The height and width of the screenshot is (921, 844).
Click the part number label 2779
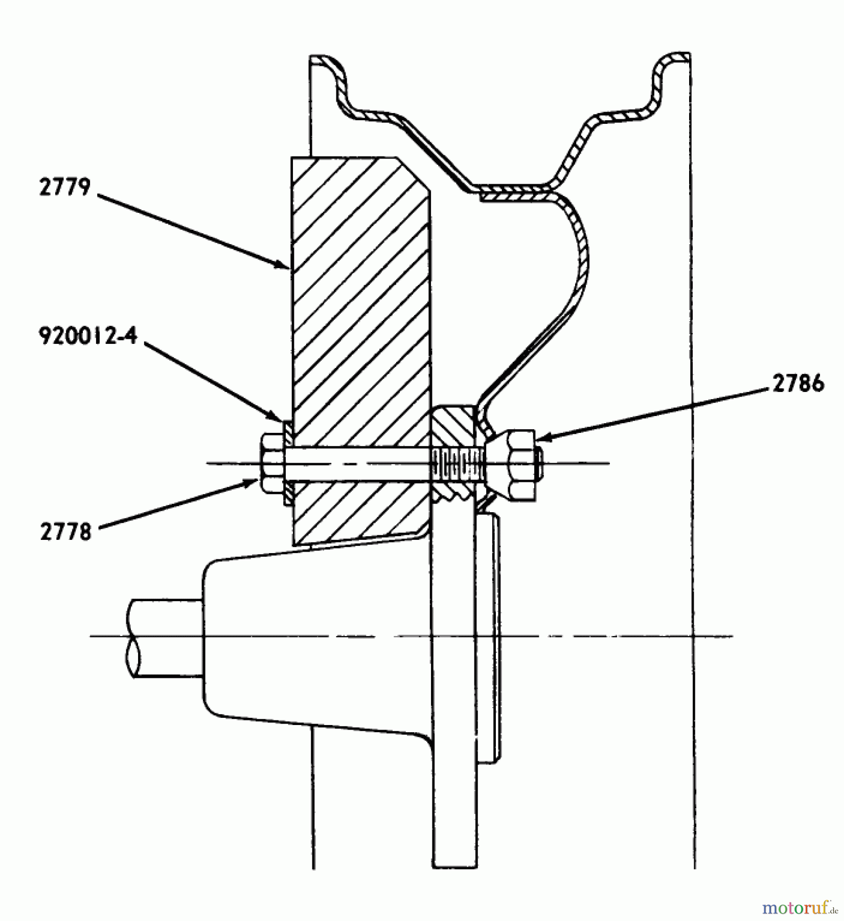(x=65, y=187)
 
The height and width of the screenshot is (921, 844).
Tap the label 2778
(x=65, y=533)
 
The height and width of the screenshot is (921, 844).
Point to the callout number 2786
(x=797, y=383)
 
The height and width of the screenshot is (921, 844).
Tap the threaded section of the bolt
(x=458, y=464)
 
